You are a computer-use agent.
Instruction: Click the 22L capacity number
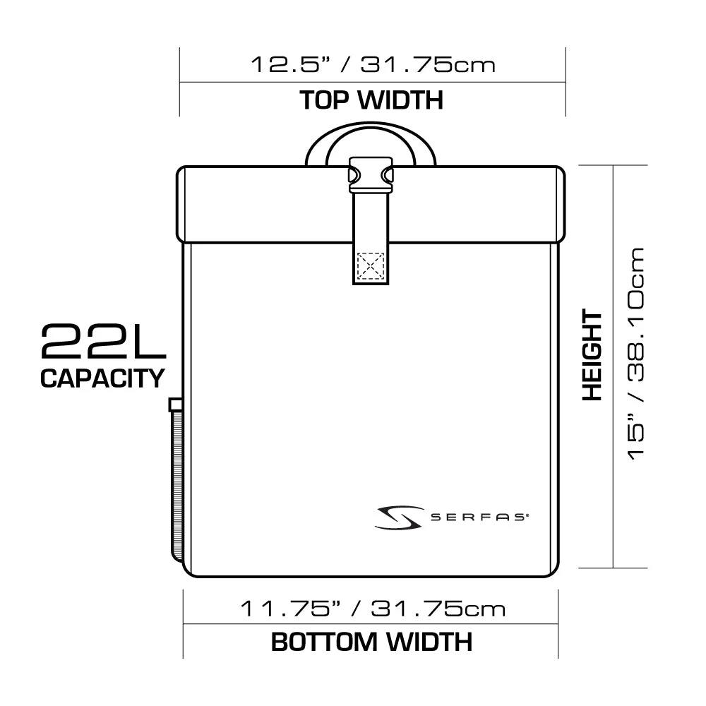click(x=104, y=342)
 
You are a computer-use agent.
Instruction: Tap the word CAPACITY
click(x=102, y=378)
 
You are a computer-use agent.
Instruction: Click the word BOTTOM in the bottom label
click(x=324, y=642)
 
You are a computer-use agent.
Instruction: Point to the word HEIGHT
click(x=592, y=355)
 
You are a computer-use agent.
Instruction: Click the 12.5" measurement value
click(x=291, y=64)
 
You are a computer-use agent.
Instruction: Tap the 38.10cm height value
click(x=636, y=314)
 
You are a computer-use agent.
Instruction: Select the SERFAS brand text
click(x=479, y=517)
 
